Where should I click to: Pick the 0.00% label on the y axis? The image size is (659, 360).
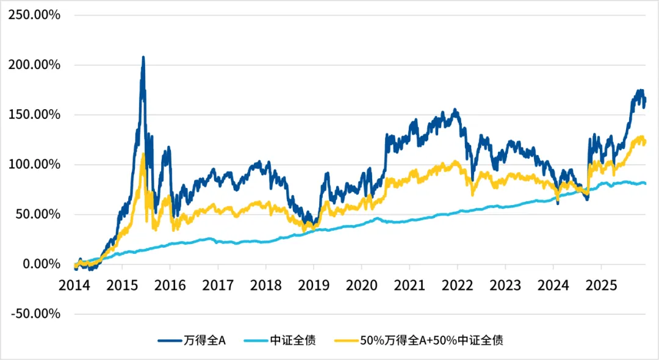click(x=38, y=264)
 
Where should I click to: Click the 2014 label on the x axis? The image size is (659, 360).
click(x=74, y=286)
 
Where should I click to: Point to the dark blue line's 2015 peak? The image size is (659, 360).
click(x=143, y=57)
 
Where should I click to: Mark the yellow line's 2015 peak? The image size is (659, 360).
click(x=143, y=154)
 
